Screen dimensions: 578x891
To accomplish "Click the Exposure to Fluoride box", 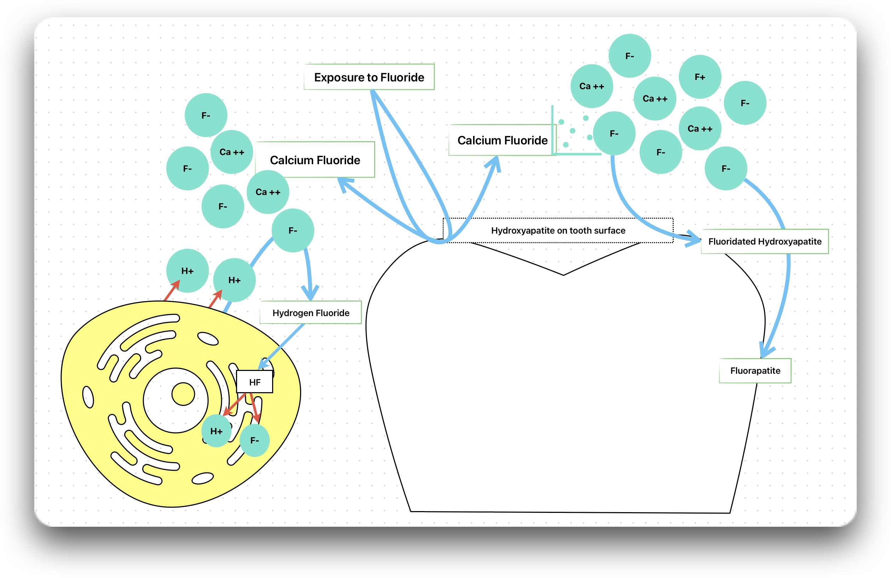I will tap(369, 77).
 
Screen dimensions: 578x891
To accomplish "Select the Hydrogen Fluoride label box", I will tap(311, 313).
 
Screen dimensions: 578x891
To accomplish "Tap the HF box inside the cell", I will tap(255, 382).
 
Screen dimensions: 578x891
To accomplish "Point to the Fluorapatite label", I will tap(755, 371).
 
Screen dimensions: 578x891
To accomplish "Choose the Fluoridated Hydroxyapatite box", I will tap(764, 241).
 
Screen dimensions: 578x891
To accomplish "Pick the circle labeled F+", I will tap(700, 77).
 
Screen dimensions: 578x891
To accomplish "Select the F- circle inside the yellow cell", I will tap(254, 440).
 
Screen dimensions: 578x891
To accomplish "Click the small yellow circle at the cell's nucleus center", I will tap(183, 394).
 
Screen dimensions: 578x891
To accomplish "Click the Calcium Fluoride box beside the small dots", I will tap(502, 141).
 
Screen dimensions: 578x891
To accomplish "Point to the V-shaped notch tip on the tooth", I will tap(563, 275).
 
